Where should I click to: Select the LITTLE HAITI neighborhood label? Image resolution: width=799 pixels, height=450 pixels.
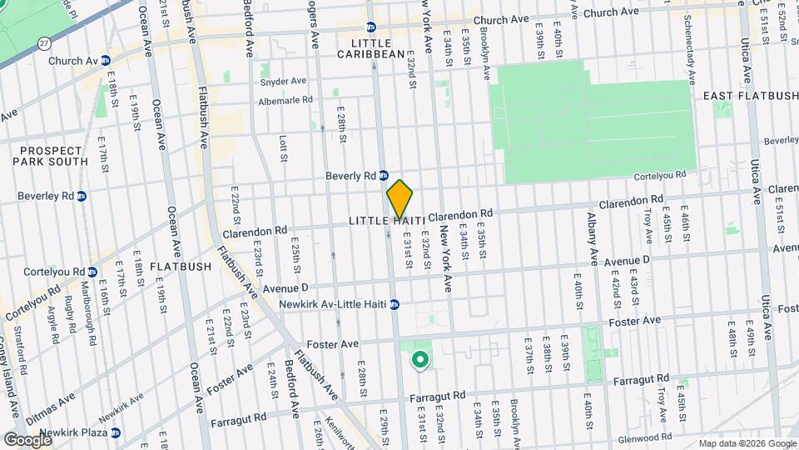387,220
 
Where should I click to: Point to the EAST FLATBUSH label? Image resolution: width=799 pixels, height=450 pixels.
742,97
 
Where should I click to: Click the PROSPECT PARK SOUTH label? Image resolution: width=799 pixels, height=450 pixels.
49,155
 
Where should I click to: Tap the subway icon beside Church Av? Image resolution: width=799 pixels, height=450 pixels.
106,61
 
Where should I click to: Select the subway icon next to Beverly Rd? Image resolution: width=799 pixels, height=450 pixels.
384,176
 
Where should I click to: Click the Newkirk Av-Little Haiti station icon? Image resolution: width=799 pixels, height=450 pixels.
395,304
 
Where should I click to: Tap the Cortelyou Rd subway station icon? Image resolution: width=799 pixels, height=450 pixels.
92,272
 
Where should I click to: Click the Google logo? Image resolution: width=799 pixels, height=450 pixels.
27,439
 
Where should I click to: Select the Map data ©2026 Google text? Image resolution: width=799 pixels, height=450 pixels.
747,443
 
